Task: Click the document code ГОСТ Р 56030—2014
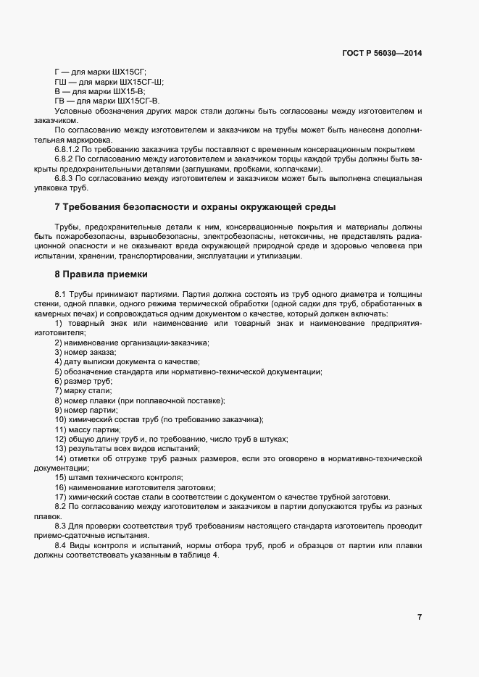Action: click(x=382, y=53)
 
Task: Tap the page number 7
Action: click(x=420, y=617)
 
